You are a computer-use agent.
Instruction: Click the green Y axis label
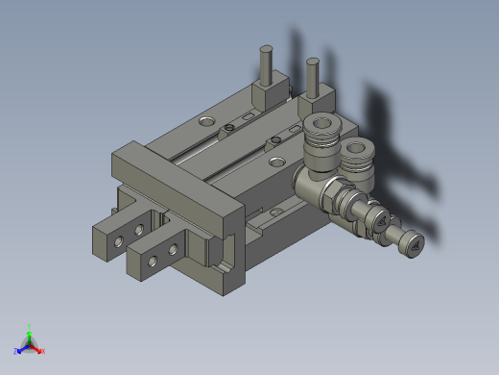point(30,326)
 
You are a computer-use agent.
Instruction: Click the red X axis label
point(43,351)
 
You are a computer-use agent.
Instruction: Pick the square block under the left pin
point(270,96)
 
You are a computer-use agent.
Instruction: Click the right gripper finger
point(157,255)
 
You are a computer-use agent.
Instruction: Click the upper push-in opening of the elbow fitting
point(322,124)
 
